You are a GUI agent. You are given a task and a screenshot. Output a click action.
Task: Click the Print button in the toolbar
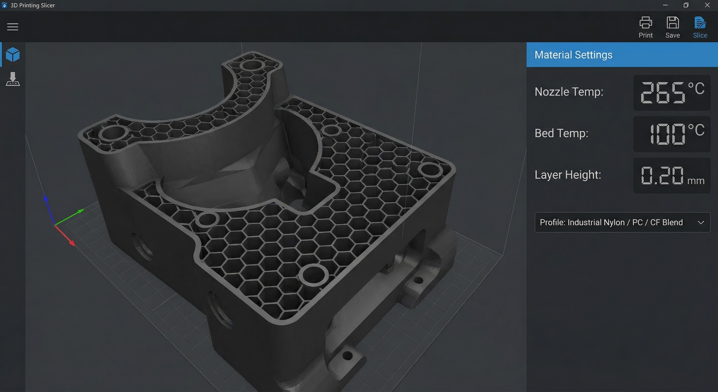646,27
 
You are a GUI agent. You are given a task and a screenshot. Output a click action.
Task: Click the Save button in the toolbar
673,27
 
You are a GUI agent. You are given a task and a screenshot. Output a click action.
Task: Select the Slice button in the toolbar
700,27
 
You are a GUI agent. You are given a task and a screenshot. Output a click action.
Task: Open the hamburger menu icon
12,27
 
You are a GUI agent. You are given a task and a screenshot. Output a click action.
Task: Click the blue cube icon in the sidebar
13,54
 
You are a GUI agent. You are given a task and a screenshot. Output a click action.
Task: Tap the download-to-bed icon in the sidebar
13,79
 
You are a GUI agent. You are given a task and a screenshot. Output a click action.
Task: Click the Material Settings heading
573,55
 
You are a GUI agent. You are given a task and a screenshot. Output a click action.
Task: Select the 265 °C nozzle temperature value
672,93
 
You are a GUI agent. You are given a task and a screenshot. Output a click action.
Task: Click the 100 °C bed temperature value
672,134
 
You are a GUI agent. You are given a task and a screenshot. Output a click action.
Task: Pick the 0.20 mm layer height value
672,176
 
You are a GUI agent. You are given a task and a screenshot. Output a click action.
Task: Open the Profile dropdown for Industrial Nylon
622,222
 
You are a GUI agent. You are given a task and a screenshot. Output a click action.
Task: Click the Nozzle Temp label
569,92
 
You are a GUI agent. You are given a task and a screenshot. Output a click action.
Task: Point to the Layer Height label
568,175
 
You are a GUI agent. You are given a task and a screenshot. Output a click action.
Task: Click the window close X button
707,5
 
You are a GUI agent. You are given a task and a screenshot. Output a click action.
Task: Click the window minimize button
665,5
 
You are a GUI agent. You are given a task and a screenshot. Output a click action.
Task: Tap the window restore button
686,5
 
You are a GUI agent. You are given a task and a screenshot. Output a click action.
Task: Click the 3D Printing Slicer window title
33,5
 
